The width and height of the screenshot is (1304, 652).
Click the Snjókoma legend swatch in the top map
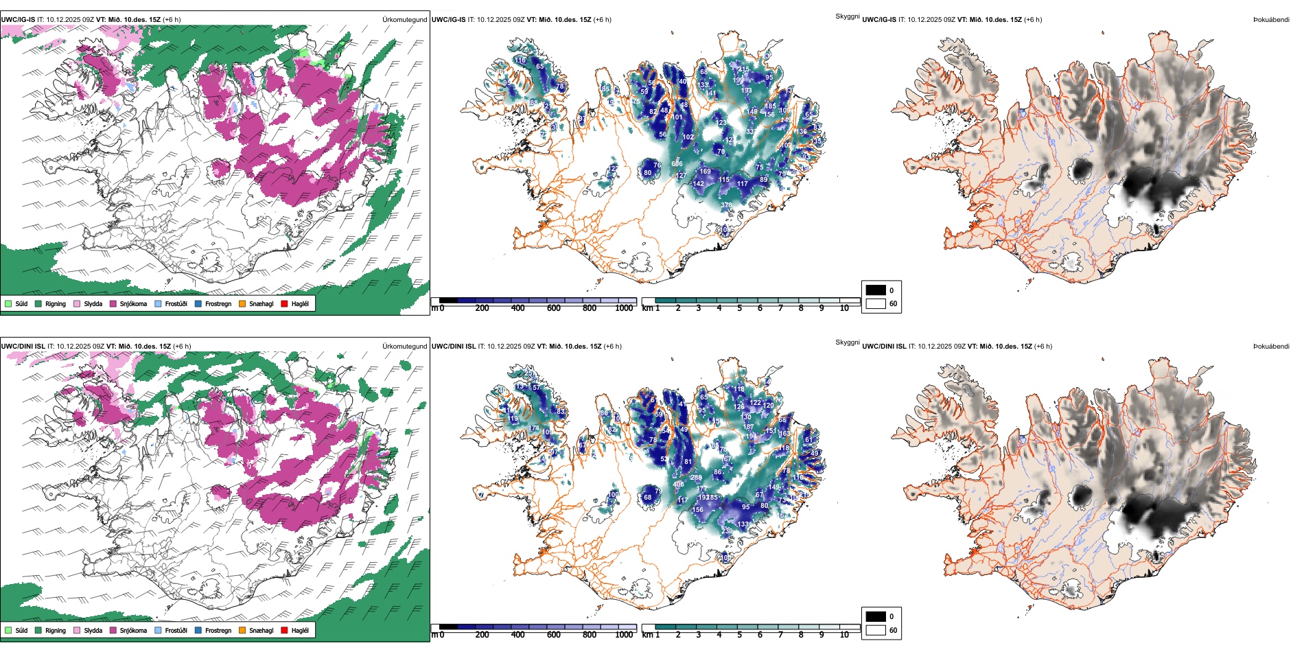pyautogui.click(x=113, y=303)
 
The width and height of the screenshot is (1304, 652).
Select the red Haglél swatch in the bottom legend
pyautogui.click(x=285, y=630)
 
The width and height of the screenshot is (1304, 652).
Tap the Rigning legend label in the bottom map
pyautogui.click(x=56, y=630)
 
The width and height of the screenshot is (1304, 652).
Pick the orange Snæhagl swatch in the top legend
pyautogui.click(x=242, y=303)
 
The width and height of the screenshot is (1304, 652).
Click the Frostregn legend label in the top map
pyautogui.click(x=218, y=303)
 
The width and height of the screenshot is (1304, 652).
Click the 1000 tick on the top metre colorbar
pyautogui.click(x=624, y=308)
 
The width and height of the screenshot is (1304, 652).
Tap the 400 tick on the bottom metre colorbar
pyautogui.click(x=518, y=635)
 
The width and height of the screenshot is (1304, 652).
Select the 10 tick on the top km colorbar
pyautogui.click(x=844, y=308)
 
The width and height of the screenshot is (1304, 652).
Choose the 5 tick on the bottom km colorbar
pyautogui.click(x=740, y=635)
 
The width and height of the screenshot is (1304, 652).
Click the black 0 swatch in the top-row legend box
pyautogui.click(x=876, y=290)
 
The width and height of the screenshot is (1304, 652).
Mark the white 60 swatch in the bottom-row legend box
pyautogui.click(x=876, y=630)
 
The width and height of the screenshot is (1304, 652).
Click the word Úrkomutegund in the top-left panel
pyautogui.click(x=405, y=20)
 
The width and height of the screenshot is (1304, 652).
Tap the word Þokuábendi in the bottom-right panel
pyautogui.click(x=1271, y=347)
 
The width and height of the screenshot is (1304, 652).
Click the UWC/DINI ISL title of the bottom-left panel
pyautogui.click(x=23, y=347)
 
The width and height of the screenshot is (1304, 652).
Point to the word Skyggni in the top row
pyautogui.click(x=847, y=16)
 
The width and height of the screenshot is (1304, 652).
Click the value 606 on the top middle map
pyautogui.click(x=677, y=164)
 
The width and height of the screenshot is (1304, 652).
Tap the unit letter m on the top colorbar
pyautogui.click(x=434, y=308)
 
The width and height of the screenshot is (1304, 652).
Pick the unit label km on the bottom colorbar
pyautogui.click(x=647, y=635)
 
